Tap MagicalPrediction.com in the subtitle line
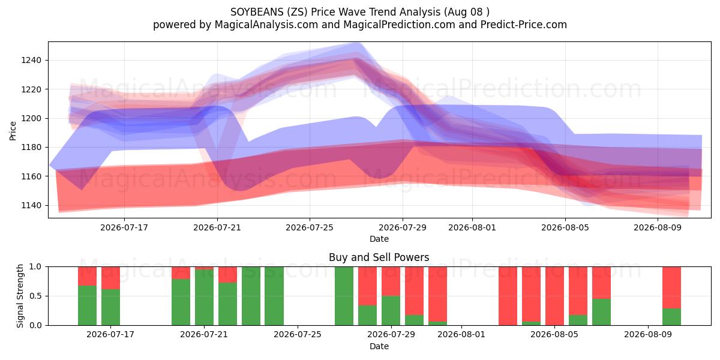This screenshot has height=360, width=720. click(399, 25)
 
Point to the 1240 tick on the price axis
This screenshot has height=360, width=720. click(31, 60)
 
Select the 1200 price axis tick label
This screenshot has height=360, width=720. click(31, 118)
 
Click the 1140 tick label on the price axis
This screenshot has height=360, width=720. click(31, 205)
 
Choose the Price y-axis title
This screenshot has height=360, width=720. click(13, 131)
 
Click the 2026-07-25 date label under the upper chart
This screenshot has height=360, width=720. click(310, 227)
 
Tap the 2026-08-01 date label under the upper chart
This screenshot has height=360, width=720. click(472, 227)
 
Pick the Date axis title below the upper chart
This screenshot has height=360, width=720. click(379, 239)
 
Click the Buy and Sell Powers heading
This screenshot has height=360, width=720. click(379, 257)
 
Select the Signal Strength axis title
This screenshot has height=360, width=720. click(20, 296)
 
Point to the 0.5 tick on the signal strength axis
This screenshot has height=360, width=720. click(35, 296)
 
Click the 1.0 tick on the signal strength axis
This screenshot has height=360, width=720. click(35, 266)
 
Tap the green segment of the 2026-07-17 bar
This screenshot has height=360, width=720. click(110, 307)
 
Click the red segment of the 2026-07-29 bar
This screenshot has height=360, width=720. click(391, 281)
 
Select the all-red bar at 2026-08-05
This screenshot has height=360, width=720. click(554, 296)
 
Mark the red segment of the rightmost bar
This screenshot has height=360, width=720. click(671, 287)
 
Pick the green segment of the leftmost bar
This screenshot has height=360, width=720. click(87, 305)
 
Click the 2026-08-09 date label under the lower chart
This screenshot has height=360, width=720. click(648, 335)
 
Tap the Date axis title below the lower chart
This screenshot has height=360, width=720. click(379, 346)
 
